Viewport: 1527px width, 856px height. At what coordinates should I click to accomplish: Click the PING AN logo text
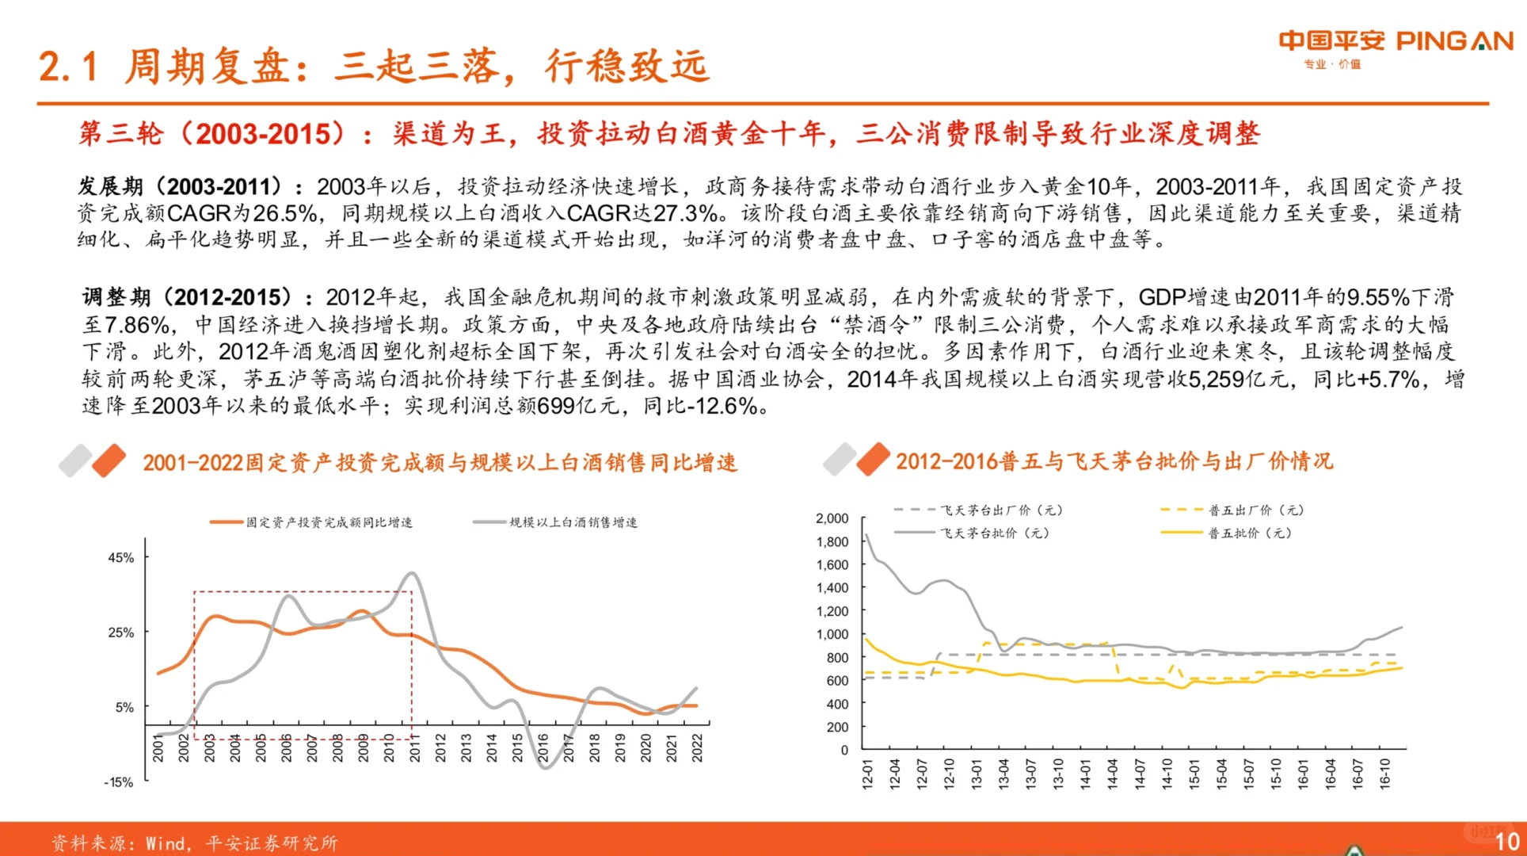[x=1454, y=41]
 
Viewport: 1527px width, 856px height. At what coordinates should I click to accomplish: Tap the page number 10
[x=1506, y=842]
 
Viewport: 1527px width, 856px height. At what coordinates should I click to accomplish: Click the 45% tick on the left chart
[x=121, y=558]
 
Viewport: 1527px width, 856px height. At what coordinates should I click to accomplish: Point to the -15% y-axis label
[x=119, y=782]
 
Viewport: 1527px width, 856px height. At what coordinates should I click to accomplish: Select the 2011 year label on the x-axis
[x=414, y=747]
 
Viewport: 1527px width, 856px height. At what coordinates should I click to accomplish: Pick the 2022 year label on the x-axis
[x=697, y=747]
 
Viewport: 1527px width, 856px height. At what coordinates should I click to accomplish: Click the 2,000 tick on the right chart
[x=832, y=518]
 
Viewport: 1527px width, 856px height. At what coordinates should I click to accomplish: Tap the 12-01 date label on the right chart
[x=867, y=773]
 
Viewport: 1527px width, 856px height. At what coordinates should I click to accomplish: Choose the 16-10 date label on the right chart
[x=1384, y=773]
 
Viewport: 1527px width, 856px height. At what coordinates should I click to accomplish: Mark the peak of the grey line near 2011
[x=412, y=573]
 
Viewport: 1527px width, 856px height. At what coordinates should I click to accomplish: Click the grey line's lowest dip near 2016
[x=545, y=767]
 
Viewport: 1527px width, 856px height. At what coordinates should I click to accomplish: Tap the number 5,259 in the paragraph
[x=1216, y=380]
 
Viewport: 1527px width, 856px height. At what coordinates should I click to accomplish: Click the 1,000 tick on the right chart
[x=832, y=635]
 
